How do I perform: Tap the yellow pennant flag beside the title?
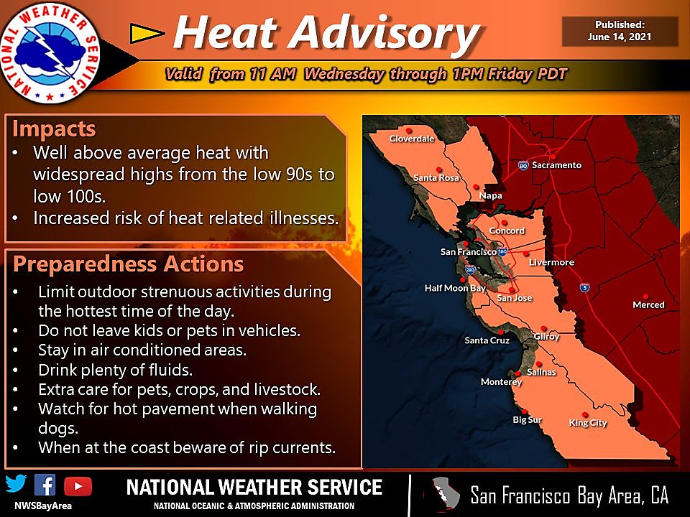click(x=147, y=32)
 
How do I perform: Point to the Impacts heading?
click(x=54, y=129)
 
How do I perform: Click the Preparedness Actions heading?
click(x=129, y=264)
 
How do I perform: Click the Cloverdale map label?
click(x=412, y=139)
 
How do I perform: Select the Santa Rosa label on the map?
click(x=436, y=177)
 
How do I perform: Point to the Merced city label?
click(x=648, y=304)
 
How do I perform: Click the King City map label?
click(x=588, y=423)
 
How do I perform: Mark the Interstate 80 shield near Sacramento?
click(x=523, y=165)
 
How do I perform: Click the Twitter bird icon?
click(x=16, y=485)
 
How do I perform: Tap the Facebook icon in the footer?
click(x=45, y=485)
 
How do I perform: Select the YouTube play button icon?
click(x=78, y=485)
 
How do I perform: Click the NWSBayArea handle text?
click(x=42, y=505)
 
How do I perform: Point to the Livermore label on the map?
click(x=551, y=262)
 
